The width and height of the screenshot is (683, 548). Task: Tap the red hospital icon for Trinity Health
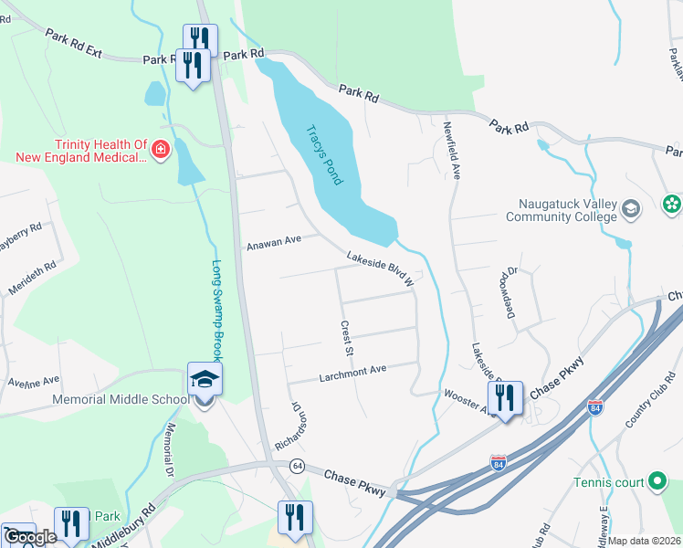click(x=161, y=149)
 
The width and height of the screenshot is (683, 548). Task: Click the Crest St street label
click(x=346, y=338)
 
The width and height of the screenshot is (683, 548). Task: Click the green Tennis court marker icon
click(x=657, y=482)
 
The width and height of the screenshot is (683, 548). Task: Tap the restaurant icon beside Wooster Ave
click(x=504, y=397)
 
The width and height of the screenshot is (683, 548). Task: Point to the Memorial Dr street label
click(x=169, y=450)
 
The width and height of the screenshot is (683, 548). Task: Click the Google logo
click(x=30, y=537)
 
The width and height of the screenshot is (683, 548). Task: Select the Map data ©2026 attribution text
click(x=645, y=541)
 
